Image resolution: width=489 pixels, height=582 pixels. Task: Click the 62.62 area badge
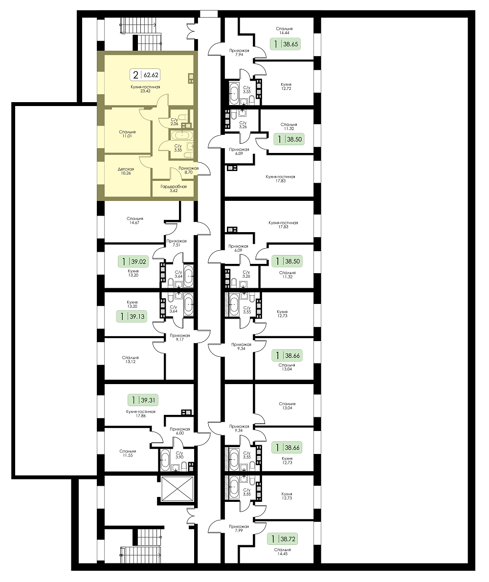(145, 75)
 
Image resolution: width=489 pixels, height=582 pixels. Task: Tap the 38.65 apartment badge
(285, 44)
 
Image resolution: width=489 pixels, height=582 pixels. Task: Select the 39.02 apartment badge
(133, 261)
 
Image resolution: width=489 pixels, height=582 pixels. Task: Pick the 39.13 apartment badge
(131, 317)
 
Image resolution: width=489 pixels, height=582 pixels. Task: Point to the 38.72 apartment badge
(283, 539)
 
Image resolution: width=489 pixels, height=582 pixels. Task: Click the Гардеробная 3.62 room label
(174, 189)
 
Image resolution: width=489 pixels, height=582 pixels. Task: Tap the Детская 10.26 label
(126, 171)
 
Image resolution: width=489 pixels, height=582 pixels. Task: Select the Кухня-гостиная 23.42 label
(145, 89)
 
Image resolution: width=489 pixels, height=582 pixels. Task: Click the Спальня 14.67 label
(134, 221)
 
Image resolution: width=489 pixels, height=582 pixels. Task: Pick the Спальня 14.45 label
(282, 552)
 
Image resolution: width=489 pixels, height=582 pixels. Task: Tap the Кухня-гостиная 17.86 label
(140, 413)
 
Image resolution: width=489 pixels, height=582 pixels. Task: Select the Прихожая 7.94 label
(239, 53)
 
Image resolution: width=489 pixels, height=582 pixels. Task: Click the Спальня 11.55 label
(128, 453)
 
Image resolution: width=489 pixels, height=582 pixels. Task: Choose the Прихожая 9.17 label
(180, 337)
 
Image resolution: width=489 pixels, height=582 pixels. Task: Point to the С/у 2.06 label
(174, 122)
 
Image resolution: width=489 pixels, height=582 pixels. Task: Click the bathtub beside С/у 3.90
(165, 460)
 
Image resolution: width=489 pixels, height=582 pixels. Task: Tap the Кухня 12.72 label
(286, 86)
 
